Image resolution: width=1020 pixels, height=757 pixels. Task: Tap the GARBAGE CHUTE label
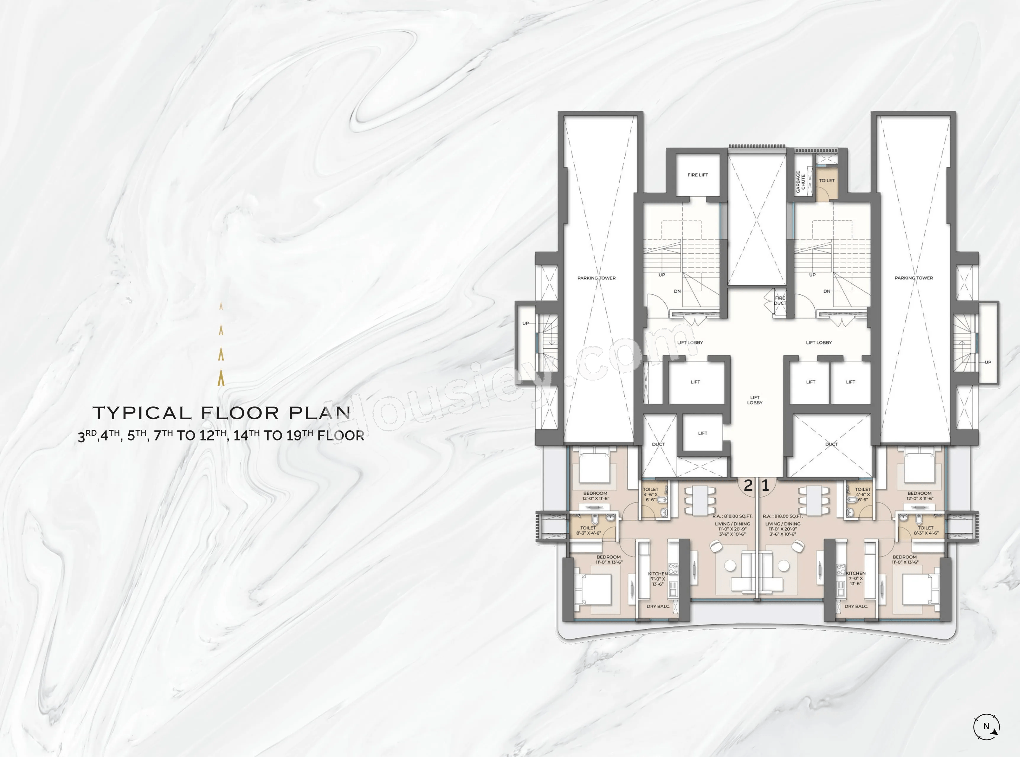point(800,182)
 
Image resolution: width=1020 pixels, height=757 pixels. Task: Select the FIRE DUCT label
point(780,301)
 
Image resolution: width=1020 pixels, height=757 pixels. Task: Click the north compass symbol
point(986,726)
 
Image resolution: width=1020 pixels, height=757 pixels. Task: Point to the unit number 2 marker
point(748,485)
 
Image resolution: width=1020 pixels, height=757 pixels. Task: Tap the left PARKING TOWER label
point(597,278)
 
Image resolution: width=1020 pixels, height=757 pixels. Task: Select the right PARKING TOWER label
point(914,278)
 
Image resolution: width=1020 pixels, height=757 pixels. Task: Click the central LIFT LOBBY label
point(755,400)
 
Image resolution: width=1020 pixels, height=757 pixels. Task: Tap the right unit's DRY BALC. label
point(856,606)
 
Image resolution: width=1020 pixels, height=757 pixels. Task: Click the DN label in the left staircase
point(677,291)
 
